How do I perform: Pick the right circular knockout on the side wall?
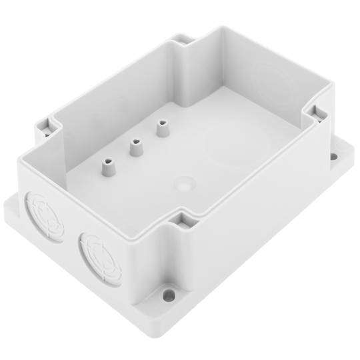pos(101,258)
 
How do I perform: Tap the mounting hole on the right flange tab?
pos(334,157)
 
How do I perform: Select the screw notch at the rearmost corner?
pos(187,39)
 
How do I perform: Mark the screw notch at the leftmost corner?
pos(44,125)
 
